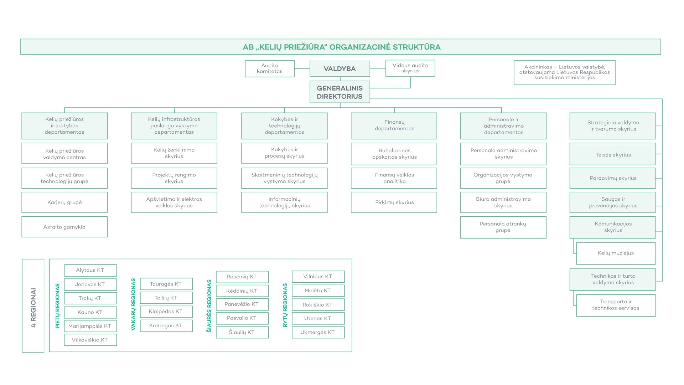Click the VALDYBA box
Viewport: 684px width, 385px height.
pos(340,69)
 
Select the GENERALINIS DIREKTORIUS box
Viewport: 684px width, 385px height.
pos(340,92)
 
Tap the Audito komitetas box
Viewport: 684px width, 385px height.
pos(270,68)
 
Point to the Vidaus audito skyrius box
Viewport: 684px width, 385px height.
pos(410,68)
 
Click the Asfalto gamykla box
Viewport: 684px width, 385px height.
pos(64,227)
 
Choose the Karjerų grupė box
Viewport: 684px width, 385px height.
pos(64,202)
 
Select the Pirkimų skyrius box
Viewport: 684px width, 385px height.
pos(394,202)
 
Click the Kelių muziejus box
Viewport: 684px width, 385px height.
pos(616,253)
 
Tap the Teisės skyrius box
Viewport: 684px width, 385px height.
pos(613,154)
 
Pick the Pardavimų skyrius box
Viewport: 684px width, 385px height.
pos(613,178)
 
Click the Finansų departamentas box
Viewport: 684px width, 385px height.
pos(394,126)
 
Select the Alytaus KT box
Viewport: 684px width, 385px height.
pos(90,270)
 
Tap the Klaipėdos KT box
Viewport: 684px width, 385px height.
pos(166,312)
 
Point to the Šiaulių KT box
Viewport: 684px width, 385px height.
pos(242,332)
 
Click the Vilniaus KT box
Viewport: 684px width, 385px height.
pos(318,277)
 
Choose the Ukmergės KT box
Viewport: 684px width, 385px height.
pos(318,332)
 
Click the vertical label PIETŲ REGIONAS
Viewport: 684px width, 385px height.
pos(57,306)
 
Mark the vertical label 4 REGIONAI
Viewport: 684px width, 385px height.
pos(33,308)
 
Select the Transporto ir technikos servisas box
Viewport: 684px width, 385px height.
pos(616,305)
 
